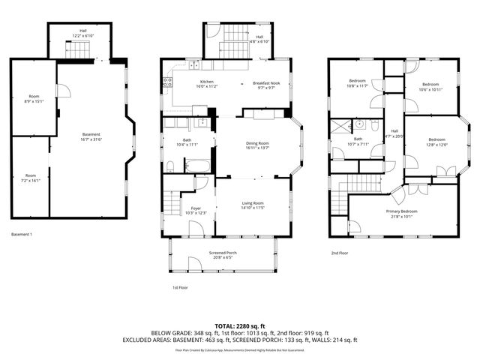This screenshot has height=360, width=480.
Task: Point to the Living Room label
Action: click(252, 205)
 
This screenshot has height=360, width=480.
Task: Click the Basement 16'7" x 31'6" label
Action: click(91, 136)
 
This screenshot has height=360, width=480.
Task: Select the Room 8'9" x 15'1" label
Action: click(34, 98)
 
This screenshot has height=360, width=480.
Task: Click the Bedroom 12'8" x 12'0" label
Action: click(436, 142)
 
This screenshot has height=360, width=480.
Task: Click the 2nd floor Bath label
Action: click(358, 141)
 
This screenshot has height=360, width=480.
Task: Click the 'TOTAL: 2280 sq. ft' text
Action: click(239, 325)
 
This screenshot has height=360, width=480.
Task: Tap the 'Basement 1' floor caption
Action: click(22, 234)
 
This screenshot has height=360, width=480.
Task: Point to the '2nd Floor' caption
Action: click(340, 253)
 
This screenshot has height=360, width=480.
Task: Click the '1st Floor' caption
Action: click(180, 287)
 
